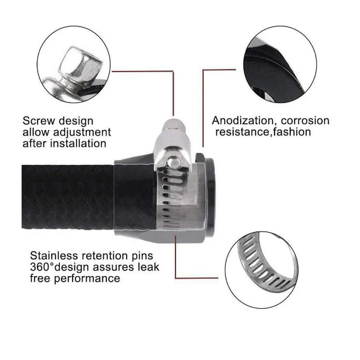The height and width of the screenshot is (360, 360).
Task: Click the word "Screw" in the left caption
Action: click(x=39, y=121)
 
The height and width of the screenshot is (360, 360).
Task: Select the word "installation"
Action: click(x=78, y=144)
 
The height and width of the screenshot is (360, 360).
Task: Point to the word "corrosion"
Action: click(x=305, y=121)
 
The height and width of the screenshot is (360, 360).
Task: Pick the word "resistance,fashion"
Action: click(x=263, y=132)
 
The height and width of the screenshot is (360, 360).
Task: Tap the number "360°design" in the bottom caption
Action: click(x=59, y=267)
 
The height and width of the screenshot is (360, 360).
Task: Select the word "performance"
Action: click(x=87, y=279)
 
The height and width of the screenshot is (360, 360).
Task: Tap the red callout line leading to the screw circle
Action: click(x=173, y=71)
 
